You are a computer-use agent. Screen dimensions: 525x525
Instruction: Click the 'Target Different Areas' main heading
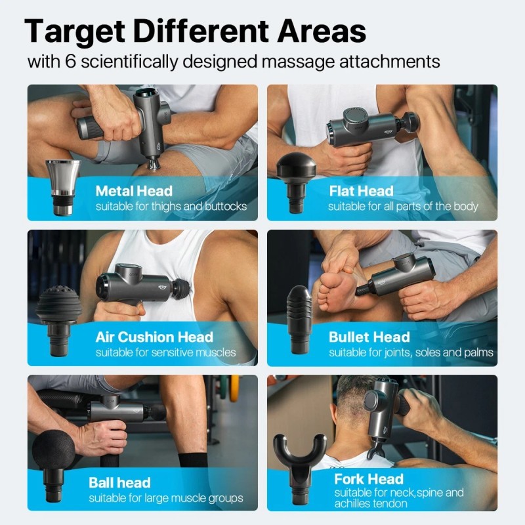195,31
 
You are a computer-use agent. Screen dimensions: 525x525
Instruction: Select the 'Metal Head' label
134,192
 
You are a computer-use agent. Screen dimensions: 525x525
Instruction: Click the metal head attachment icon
63,186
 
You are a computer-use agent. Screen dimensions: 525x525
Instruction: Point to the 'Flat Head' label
361,192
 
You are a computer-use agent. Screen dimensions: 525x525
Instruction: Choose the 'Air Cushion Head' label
154,337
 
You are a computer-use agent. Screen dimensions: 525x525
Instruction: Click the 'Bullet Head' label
369,337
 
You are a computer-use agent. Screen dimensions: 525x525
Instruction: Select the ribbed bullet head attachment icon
299,322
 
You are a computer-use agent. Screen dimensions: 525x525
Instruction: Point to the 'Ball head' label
119,483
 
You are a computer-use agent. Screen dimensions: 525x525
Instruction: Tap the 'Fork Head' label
368,478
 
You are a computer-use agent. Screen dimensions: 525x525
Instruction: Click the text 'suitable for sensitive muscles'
165,353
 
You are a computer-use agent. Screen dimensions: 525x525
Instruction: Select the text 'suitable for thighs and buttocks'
171,207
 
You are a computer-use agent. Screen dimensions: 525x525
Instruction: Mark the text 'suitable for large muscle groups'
166,499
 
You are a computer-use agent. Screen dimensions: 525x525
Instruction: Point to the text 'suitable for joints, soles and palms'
411,353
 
